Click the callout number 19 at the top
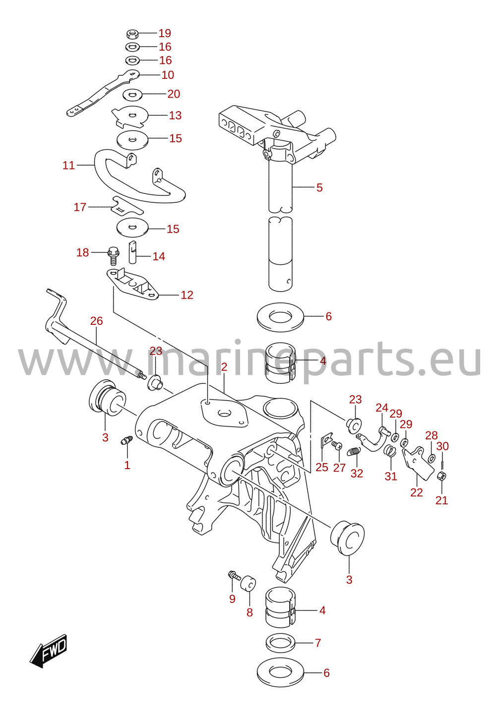click(165, 33)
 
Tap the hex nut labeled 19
click(132, 33)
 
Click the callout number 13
click(176, 115)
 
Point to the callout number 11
click(68, 165)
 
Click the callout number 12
click(186, 295)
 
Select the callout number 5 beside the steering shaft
click(319, 187)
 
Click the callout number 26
click(97, 321)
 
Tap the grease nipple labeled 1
click(126, 440)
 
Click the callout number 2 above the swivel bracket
click(224, 366)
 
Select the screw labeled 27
click(337, 445)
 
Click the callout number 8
click(249, 612)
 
